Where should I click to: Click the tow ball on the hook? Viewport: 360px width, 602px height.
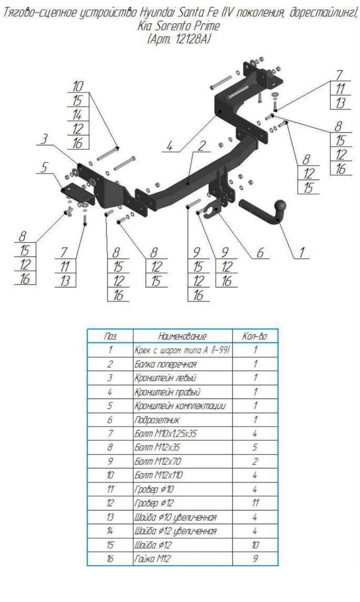tap(280, 206)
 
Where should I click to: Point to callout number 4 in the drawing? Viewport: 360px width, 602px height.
tap(170, 146)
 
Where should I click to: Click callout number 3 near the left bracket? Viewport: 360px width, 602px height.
tap(44, 139)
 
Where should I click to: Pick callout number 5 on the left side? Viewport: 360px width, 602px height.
tap(44, 167)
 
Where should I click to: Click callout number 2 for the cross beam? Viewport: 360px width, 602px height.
tap(202, 146)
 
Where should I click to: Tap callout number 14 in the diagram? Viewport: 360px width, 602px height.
tap(78, 114)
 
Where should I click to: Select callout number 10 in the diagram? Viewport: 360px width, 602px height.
tap(78, 86)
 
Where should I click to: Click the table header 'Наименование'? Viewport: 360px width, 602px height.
tap(182, 336)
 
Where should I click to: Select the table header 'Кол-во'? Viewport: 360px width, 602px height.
tap(255, 336)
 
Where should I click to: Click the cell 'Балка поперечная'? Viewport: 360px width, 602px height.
tap(165, 364)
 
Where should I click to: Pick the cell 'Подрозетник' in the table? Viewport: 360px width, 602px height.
tap(157, 420)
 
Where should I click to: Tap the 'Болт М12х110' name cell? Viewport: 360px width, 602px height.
tap(159, 475)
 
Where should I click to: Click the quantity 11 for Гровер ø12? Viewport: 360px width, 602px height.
tap(255, 503)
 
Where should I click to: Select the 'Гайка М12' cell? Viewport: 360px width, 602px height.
tap(153, 559)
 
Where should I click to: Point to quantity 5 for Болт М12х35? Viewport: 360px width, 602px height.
tap(255, 447)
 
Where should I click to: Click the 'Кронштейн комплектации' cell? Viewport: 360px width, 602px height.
tap(180, 406)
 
